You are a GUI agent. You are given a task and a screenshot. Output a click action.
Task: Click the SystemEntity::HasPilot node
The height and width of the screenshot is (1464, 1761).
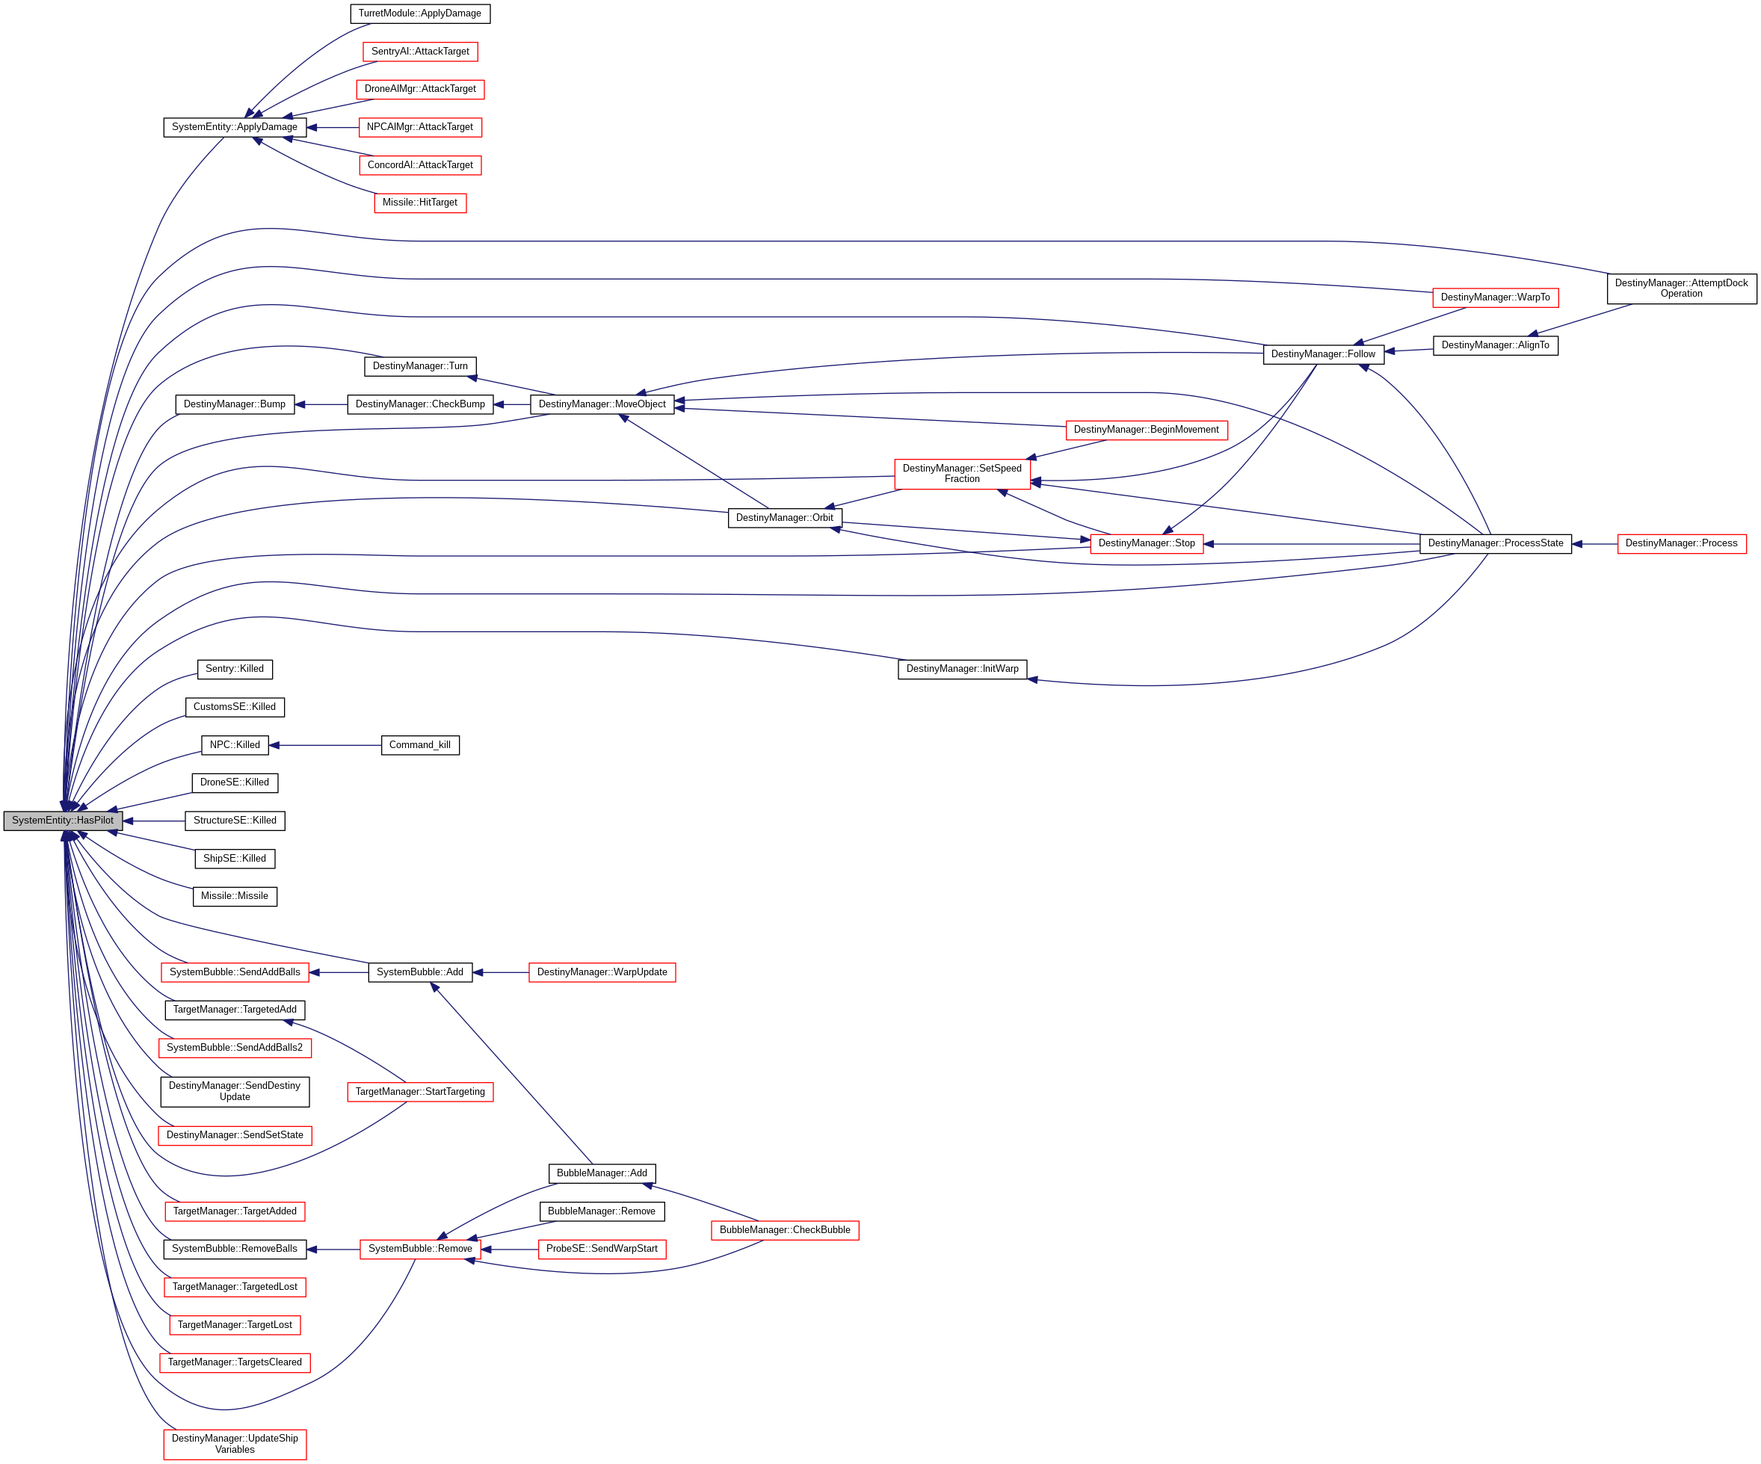tap(63, 821)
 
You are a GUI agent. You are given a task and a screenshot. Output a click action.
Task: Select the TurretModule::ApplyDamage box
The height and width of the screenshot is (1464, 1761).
tap(420, 13)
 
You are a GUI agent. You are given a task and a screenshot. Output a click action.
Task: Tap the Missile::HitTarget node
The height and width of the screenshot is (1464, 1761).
tap(420, 203)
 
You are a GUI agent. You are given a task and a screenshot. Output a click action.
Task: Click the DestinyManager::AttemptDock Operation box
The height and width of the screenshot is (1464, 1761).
tap(1681, 288)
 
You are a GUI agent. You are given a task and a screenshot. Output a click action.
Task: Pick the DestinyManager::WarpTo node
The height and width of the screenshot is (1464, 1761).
tap(1495, 297)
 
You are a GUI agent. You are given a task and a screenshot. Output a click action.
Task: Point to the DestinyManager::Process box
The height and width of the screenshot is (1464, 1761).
tap(1681, 543)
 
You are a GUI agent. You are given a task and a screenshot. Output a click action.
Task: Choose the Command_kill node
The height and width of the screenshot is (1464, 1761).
tap(420, 744)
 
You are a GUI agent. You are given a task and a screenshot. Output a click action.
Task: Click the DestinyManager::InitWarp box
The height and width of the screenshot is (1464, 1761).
tap(962, 669)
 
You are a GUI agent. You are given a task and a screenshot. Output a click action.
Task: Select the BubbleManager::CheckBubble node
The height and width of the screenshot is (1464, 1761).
tap(785, 1230)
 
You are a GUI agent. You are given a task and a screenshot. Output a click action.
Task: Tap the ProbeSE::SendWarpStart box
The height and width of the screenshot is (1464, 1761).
tap(602, 1250)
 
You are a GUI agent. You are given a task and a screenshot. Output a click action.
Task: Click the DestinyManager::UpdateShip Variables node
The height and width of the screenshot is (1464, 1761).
tap(235, 1444)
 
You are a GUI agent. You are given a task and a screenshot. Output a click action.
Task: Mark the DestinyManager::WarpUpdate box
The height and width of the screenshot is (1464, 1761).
tap(602, 973)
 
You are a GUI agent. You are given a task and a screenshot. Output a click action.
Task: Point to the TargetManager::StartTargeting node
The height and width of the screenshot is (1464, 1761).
tap(420, 1092)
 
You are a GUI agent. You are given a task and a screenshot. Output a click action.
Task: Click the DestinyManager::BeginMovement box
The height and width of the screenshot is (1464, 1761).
tap(1147, 430)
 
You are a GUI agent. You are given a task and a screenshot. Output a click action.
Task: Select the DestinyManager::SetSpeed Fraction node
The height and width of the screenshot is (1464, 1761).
tap(962, 474)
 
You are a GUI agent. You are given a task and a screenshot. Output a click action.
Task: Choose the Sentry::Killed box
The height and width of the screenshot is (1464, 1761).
tap(235, 669)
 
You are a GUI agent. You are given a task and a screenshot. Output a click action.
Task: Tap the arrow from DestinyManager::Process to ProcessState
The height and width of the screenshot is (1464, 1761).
tap(1594, 544)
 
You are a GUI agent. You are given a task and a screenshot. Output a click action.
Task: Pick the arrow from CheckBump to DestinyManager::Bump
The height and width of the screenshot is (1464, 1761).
tap(321, 405)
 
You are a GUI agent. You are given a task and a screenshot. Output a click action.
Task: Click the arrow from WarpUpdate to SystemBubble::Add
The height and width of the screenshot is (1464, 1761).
tap(501, 973)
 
